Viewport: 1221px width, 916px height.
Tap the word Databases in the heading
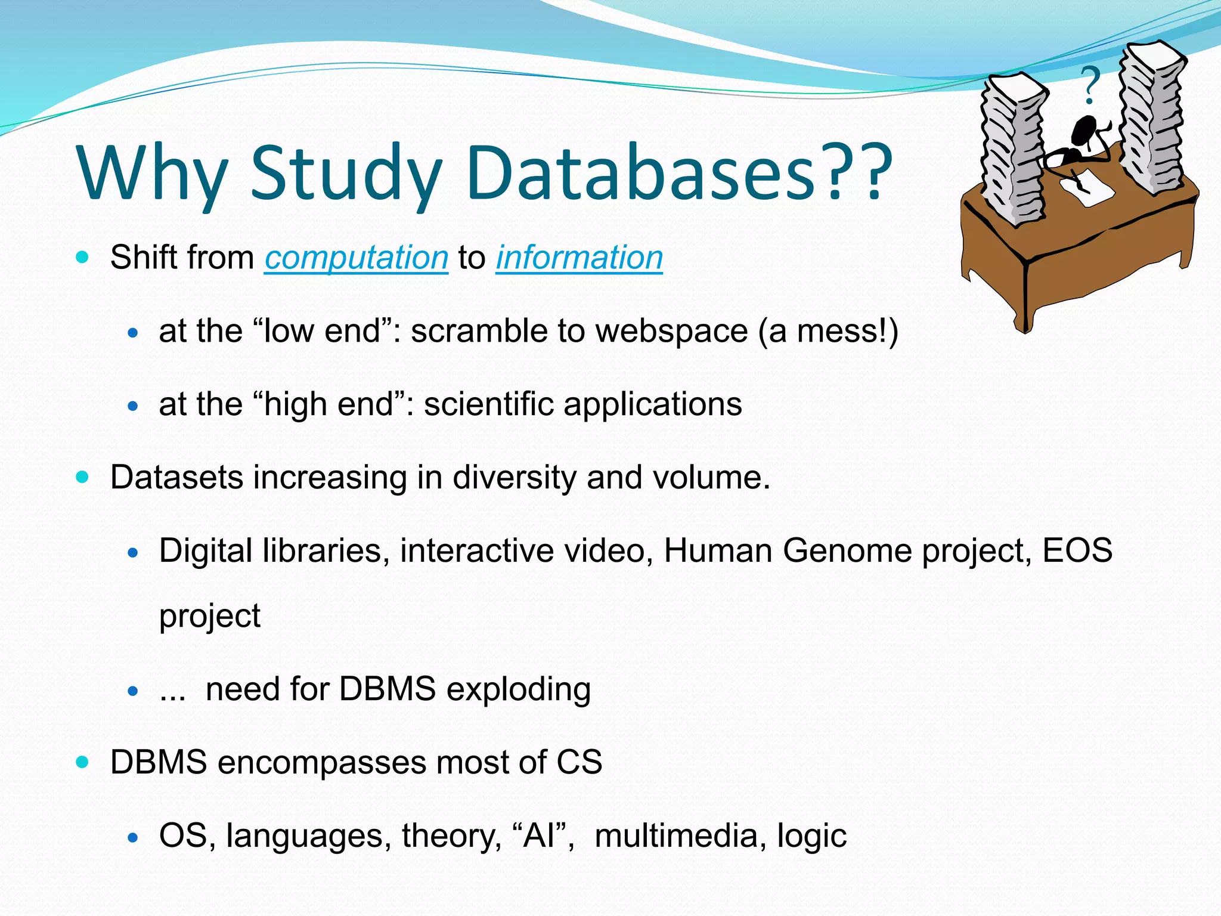click(641, 173)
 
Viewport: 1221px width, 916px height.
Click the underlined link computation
click(356, 258)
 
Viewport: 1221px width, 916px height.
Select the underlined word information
click(579, 258)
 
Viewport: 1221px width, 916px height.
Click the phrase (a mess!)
click(828, 332)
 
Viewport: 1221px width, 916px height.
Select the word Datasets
click(176, 478)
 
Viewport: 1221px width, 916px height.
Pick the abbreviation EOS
click(1077, 550)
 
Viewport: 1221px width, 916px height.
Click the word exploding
click(518, 690)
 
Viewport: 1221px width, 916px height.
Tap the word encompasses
click(321, 763)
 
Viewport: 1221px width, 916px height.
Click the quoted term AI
click(543, 835)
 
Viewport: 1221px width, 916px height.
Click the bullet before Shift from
click(82, 258)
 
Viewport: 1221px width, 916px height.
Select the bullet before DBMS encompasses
click(82, 762)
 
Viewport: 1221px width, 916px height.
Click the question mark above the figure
click(1090, 85)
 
